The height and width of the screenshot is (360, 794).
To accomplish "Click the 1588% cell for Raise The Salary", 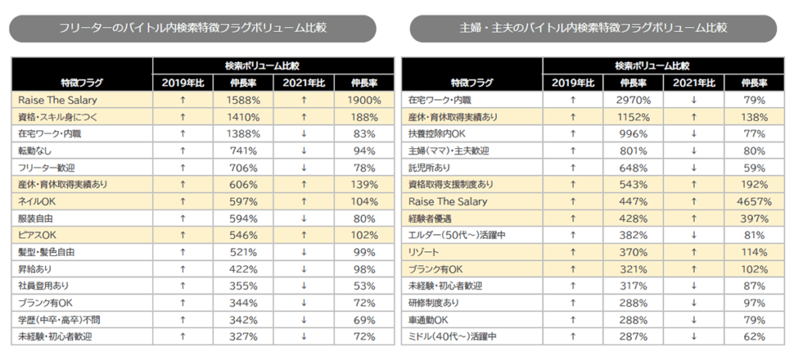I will [243, 100].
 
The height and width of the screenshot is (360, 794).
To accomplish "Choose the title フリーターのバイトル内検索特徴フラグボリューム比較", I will [192, 28].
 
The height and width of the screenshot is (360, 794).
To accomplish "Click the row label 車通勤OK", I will [428, 320].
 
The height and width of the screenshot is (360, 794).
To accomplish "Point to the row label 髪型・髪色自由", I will [47, 252].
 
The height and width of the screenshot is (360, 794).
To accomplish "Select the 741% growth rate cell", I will [243, 151].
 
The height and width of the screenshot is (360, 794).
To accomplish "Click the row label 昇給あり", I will [36, 269].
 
